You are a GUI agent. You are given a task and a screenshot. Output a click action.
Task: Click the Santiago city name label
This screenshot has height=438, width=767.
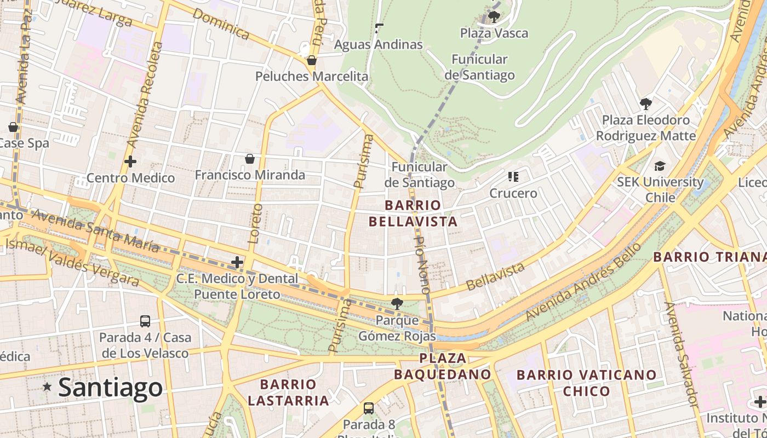(110, 388)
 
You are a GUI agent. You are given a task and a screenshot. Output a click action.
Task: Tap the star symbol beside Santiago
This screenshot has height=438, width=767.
(48, 387)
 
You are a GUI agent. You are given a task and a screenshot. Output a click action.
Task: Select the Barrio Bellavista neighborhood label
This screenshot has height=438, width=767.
(413, 214)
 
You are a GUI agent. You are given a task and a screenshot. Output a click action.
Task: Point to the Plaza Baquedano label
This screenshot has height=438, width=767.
(442, 366)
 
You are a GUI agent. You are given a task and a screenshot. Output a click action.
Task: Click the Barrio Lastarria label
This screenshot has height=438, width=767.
(288, 392)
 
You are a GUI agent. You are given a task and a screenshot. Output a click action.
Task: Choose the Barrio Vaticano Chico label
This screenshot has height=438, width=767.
(586, 383)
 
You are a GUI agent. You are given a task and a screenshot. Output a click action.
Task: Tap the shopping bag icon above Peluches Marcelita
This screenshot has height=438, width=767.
(312, 60)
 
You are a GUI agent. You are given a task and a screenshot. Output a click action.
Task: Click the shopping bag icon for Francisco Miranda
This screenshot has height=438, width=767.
(250, 159)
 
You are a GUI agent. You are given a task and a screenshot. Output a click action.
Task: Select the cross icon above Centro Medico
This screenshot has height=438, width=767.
(130, 162)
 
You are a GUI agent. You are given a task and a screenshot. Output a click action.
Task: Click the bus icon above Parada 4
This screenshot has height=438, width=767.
(145, 321)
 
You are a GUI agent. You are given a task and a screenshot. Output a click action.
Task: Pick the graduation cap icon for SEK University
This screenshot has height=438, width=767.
(660, 166)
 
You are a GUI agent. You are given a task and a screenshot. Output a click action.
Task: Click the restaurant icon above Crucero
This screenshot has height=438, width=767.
(513, 176)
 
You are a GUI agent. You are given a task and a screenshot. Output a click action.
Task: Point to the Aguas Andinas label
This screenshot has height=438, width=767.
(379, 44)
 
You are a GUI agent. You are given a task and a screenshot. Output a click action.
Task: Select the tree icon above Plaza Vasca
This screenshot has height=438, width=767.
(494, 16)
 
